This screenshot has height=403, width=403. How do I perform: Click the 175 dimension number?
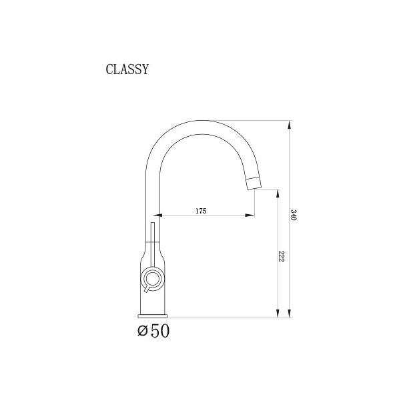[x=201, y=211]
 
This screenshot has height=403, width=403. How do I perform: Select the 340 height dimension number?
[x=294, y=216]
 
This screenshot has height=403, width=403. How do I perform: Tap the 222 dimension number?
[x=282, y=258]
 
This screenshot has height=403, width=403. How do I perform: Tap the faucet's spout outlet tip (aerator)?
[x=254, y=183]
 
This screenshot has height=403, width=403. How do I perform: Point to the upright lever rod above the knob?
[x=153, y=244]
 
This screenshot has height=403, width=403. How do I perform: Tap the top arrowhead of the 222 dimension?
[x=278, y=191]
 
